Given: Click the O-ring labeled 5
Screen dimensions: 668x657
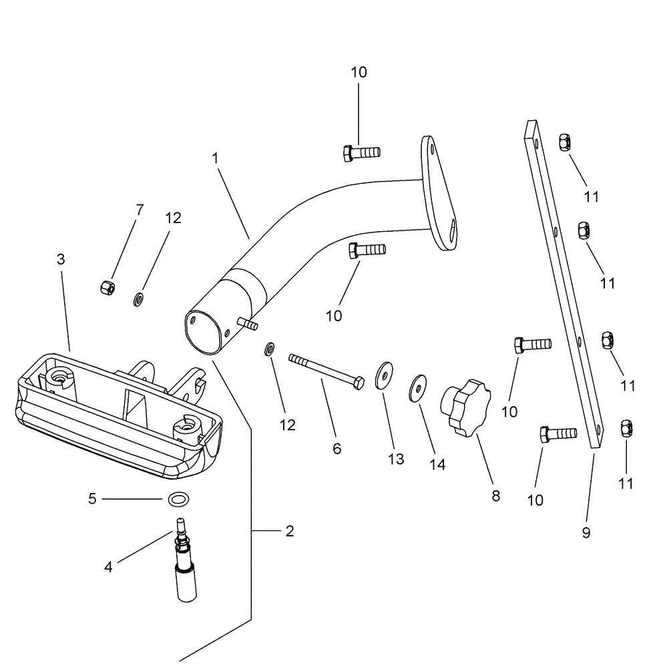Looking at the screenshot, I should pyautogui.click(x=178, y=499).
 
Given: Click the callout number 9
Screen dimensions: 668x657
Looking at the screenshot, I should pyautogui.click(x=586, y=533).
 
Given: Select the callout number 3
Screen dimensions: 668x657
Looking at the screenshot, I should pyautogui.click(x=61, y=259).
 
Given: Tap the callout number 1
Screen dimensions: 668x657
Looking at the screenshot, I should pyautogui.click(x=215, y=158).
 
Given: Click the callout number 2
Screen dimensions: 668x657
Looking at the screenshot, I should pyautogui.click(x=288, y=532).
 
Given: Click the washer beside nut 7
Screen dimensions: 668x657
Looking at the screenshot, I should pyautogui.click(x=140, y=297).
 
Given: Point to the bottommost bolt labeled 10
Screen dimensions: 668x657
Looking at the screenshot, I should pyautogui.click(x=558, y=435).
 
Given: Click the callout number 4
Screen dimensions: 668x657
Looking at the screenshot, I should pyautogui.click(x=108, y=567).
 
